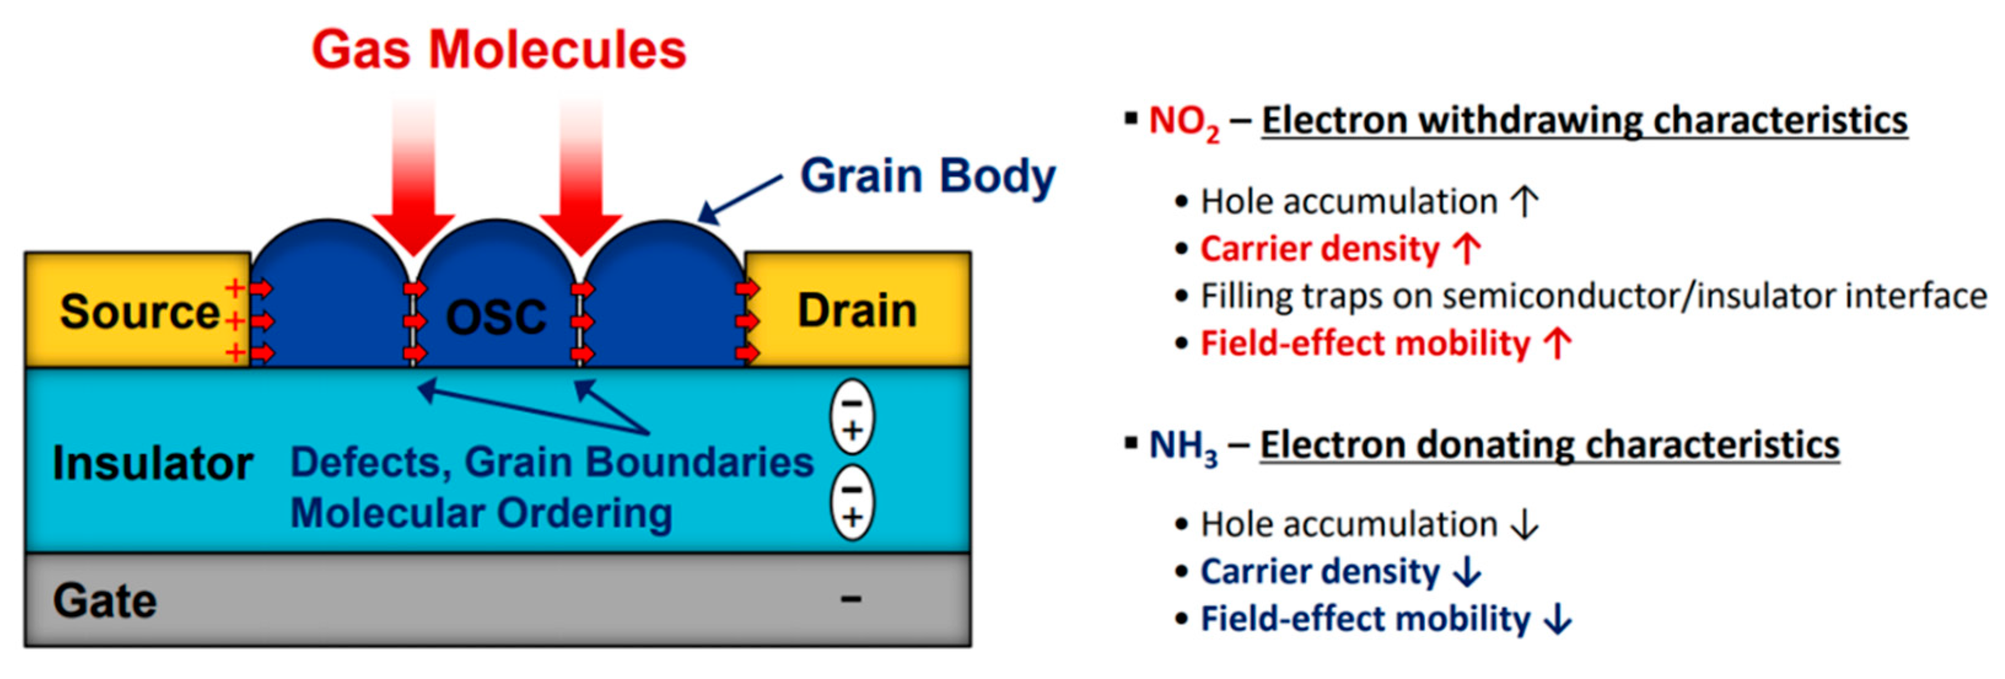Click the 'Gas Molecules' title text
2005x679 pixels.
coord(498,50)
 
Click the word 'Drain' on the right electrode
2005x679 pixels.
coord(857,311)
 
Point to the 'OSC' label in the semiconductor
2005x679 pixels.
coord(496,317)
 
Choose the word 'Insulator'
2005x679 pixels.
coord(152,464)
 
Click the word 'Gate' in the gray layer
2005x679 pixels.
coord(105,601)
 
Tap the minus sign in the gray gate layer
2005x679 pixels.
coord(851,599)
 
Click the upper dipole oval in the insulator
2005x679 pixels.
coord(852,417)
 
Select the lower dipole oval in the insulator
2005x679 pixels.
coord(852,503)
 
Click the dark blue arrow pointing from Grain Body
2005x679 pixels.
coord(739,200)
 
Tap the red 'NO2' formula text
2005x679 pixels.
coord(1183,122)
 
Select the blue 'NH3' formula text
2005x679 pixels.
coord(1182,447)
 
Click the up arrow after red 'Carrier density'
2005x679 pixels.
coord(1468,249)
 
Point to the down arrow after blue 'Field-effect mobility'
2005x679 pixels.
coord(1558,620)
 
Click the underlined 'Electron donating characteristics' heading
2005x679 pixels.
coord(1549,445)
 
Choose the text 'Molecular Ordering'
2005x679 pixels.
coord(481,513)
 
